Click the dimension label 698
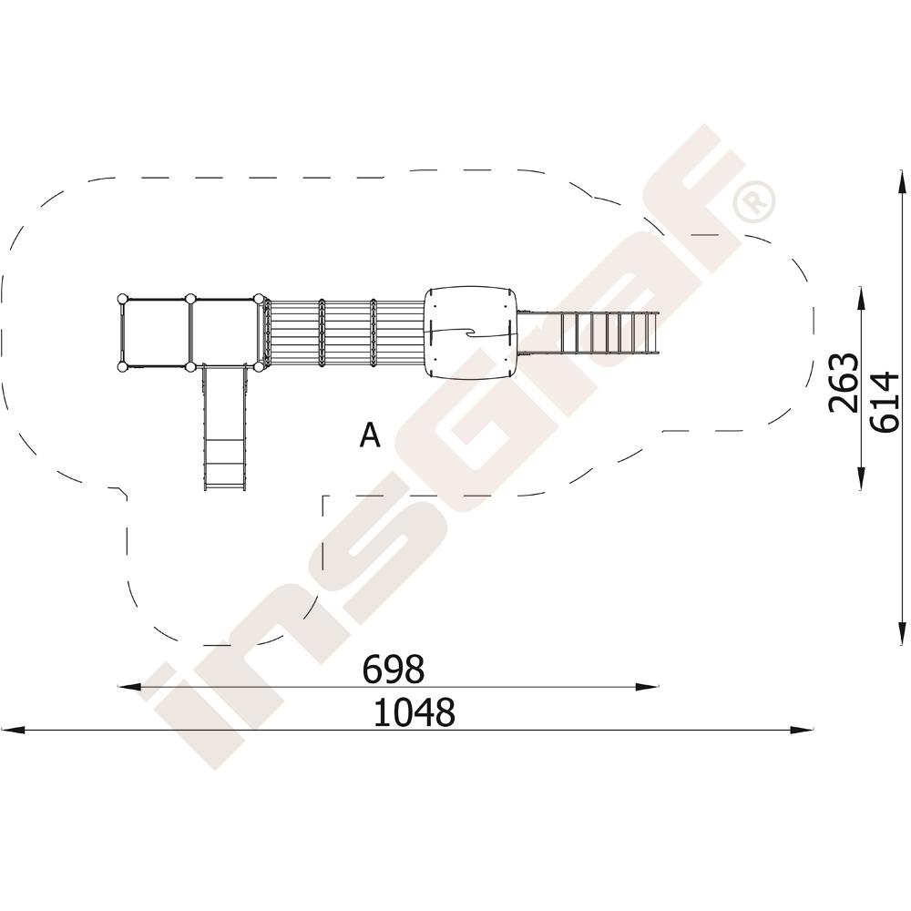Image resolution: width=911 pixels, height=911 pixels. (x=394, y=669)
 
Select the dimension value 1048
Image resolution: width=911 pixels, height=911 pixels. (x=414, y=712)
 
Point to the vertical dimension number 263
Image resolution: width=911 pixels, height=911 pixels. (x=844, y=383)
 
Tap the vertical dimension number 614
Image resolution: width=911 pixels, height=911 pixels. (x=885, y=402)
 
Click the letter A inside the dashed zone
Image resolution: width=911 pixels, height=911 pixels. (x=370, y=435)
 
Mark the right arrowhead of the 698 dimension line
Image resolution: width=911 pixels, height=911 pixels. (x=648, y=687)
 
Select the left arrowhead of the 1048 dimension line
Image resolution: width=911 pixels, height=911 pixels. (x=12, y=729)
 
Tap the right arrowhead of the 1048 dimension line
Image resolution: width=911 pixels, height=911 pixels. (x=802, y=729)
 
